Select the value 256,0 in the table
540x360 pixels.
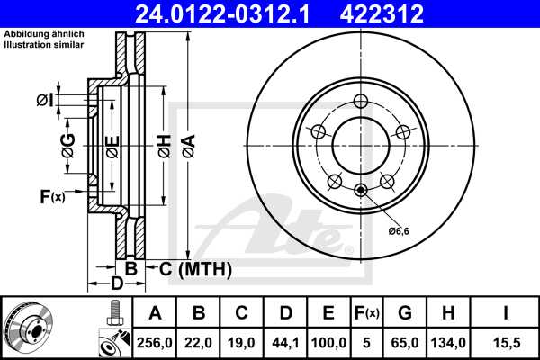point(155,342)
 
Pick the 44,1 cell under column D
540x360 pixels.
point(285,342)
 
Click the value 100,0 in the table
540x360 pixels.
point(328,342)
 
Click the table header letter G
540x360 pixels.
point(404,313)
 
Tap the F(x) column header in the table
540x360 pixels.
point(365,313)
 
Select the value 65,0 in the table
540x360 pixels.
point(404,342)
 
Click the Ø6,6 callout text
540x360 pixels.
point(400,232)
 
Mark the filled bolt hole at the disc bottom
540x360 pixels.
point(361,189)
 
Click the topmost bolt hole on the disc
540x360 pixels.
point(361,101)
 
